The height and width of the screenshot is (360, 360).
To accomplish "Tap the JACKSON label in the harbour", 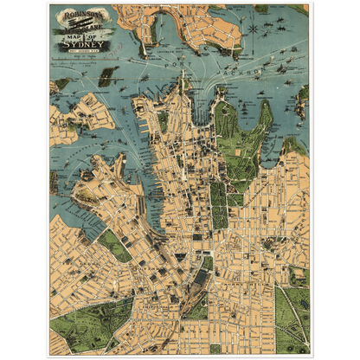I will click(x=276, y=74).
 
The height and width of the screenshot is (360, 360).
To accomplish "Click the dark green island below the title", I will click(x=107, y=76).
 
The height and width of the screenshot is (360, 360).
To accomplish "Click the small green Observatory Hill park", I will click(x=163, y=121).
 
